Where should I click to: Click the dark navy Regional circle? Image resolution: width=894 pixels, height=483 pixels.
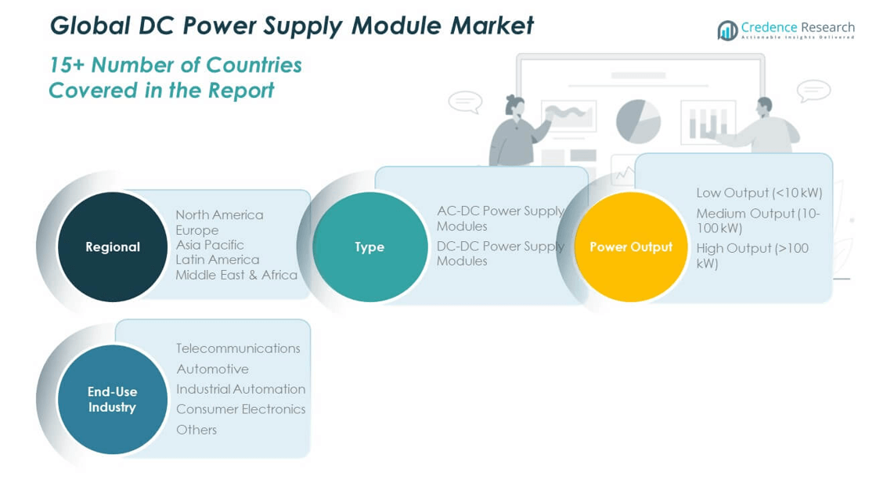[113, 247]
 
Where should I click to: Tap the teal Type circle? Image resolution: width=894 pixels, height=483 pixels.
[369, 247]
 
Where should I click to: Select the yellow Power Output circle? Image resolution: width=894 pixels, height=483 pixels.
[631, 247]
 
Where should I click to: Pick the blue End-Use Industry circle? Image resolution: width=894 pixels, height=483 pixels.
[113, 399]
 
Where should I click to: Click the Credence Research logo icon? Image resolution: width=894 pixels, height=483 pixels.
[727, 31]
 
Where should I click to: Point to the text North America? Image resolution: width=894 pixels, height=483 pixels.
[219, 214]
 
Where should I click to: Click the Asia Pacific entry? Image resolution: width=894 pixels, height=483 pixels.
[210, 244]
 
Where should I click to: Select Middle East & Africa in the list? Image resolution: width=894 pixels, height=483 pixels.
[236, 275]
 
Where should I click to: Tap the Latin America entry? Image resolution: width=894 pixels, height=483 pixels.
[217, 259]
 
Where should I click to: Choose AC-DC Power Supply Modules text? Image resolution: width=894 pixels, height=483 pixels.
[499, 218]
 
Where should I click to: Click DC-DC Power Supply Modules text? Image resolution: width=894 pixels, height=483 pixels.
[499, 253]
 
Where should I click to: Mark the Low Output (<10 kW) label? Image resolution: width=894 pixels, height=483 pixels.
[759, 193]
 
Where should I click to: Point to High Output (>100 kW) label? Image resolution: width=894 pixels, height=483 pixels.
[752, 255]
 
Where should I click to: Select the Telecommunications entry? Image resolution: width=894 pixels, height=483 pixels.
[238, 348]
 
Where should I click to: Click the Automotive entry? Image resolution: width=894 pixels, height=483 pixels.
[212, 369]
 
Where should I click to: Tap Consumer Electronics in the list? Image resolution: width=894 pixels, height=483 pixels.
[240, 409]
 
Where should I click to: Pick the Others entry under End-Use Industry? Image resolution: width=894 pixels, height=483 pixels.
[196, 429]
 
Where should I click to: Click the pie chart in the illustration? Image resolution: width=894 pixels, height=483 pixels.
[638, 121]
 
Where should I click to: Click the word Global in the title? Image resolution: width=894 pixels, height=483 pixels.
[86, 25]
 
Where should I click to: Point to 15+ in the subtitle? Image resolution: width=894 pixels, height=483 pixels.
[66, 64]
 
